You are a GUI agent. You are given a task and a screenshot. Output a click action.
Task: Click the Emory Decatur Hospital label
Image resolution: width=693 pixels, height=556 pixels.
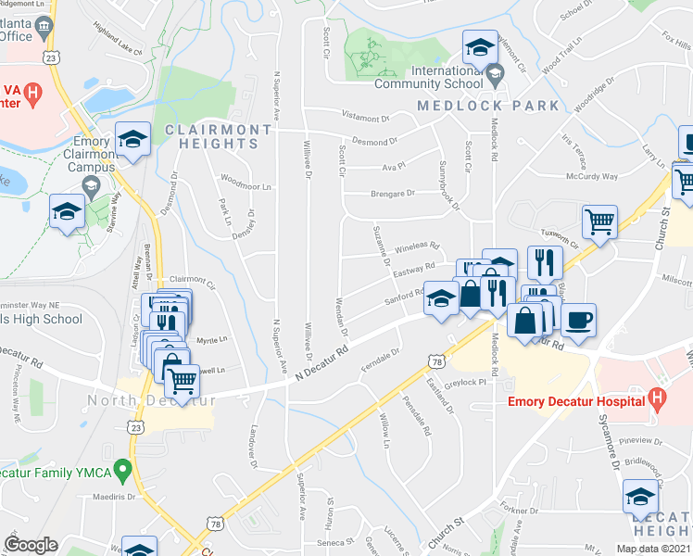[576, 401]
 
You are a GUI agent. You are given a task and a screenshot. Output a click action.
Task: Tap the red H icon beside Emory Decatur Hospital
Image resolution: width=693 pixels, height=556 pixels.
[657, 400]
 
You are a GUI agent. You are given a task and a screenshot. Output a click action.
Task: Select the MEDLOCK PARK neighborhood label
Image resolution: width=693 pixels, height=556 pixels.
[488, 106]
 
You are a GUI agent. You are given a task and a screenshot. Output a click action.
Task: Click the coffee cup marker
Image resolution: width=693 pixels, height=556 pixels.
[579, 321]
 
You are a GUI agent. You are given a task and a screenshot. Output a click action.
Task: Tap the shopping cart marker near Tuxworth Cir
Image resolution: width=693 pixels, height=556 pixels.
[599, 221]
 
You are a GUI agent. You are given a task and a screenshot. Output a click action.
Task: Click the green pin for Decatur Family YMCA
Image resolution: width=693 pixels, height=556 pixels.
[120, 472]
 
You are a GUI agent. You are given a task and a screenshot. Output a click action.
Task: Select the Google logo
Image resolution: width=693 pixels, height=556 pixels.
[31, 545]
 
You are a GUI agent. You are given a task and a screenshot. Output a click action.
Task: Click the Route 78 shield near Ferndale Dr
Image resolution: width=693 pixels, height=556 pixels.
[434, 360]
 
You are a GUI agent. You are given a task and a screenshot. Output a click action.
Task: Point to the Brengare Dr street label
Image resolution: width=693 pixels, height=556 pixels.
[393, 193]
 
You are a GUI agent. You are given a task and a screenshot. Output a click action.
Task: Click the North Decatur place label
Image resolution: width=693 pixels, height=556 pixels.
[148, 400]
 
